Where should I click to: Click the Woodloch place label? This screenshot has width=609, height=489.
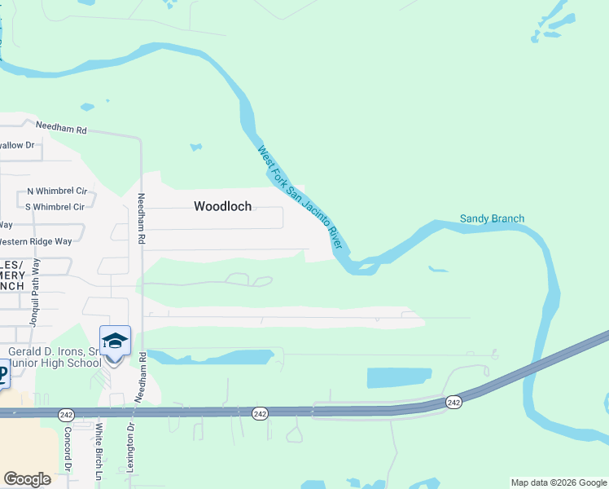tap(222, 206)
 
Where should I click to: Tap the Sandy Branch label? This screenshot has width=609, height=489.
tap(492, 218)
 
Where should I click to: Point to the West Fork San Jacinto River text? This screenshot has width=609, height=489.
tap(299, 198)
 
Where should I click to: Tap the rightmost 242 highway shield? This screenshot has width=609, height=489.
tap(453, 402)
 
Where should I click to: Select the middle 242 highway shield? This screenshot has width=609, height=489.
tap(259, 414)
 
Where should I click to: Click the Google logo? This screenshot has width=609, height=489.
tap(27, 479)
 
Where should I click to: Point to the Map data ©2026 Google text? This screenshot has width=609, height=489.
tap(559, 482)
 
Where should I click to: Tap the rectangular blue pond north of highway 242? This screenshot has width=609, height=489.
tap(399, 377)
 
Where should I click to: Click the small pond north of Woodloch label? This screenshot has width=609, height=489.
tap(195, 148)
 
